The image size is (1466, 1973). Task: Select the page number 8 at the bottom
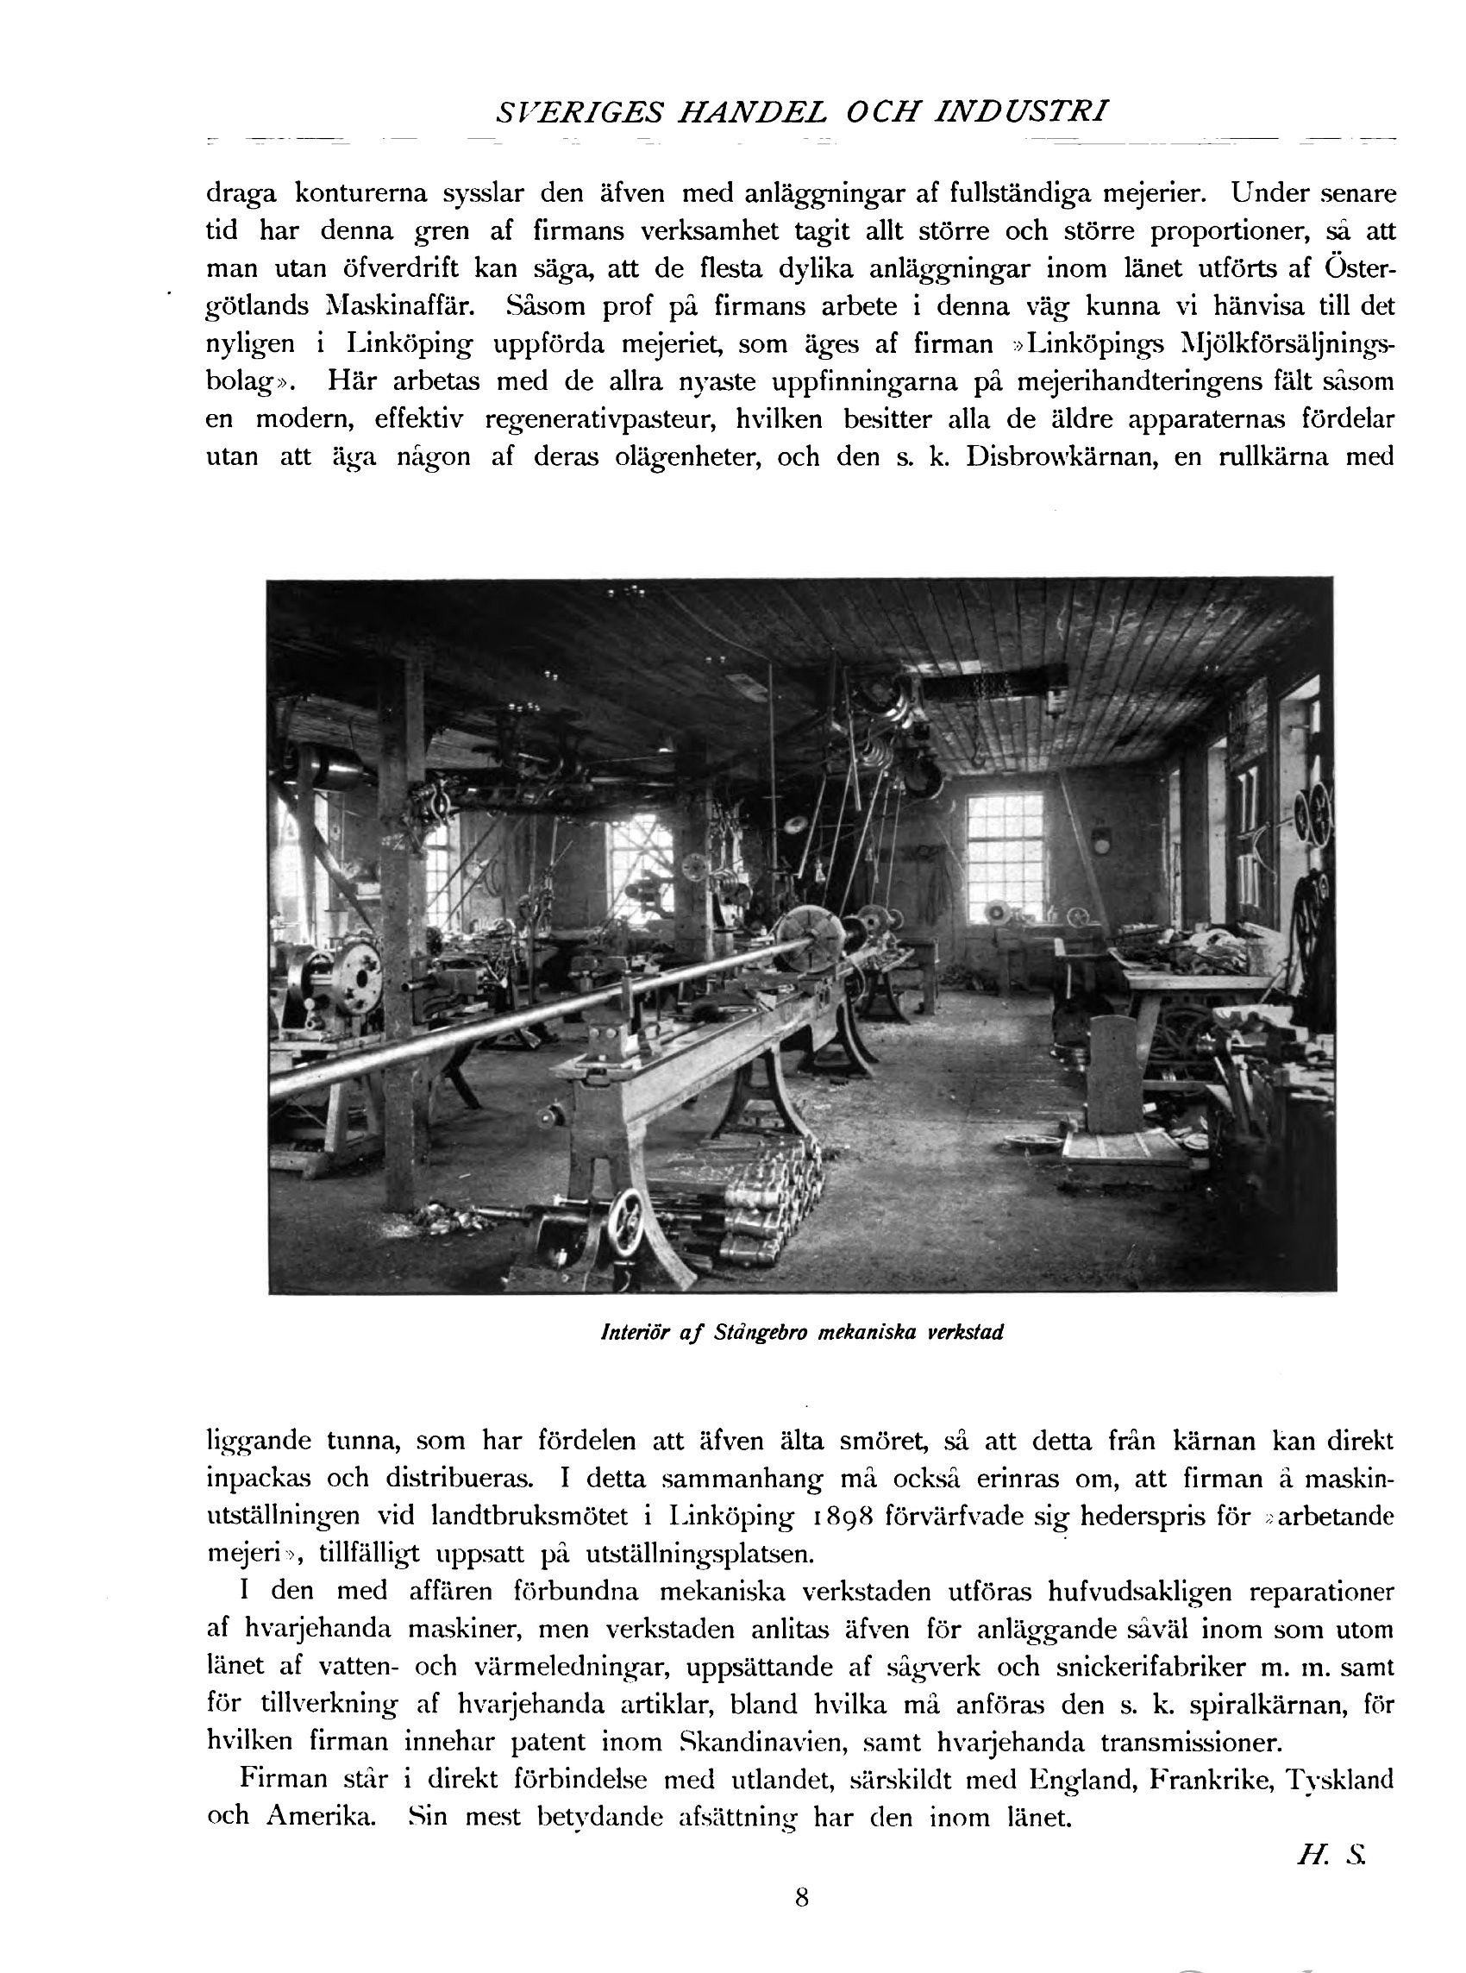coord(801,1897)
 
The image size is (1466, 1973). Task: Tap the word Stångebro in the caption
coord(761,1333)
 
